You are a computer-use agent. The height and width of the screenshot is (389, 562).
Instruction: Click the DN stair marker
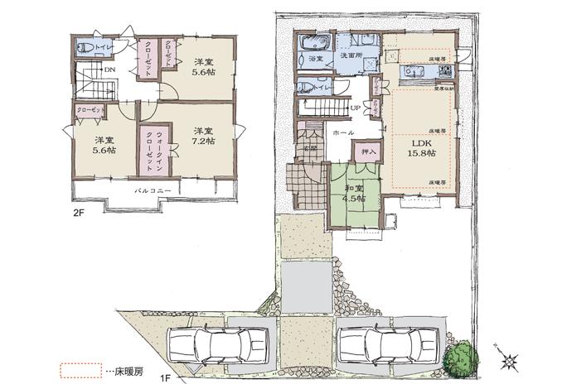pos(108,71)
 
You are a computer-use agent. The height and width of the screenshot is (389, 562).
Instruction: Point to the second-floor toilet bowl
pos(85,48)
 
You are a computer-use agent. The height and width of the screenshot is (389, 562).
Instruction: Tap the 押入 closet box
pos(366,151)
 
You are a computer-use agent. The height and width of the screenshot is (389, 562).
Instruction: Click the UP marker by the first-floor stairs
pos(355,108)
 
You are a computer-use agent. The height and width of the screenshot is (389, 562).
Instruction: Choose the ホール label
pos(344,132)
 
